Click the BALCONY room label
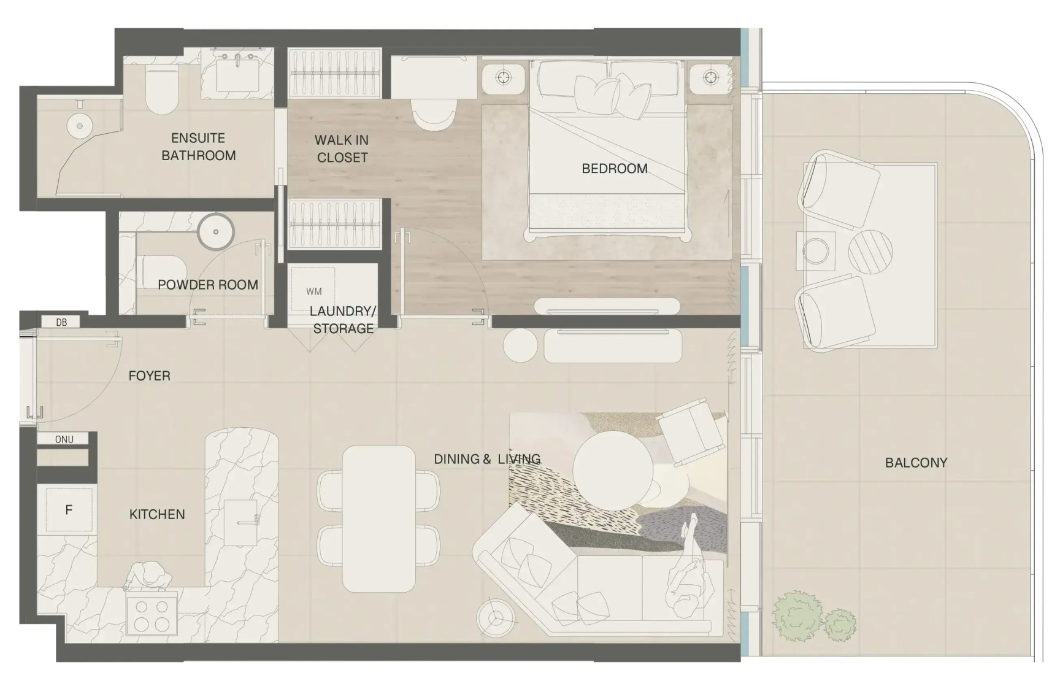pyautogui.click(x=916, y=463)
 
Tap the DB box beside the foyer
pyautogui.click(x=61, y=322)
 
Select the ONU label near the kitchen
pyautogui.click(x=64, y=439)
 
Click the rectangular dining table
pyautogui.click(x=379, y=519)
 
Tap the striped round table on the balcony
pyautogui.click(x=870, y=252)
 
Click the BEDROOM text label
pyautogui.click(x=615, y=168)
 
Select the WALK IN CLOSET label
pyautogui.click(x=342, y=148)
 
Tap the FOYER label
pyautogui.click(x=149, y=376)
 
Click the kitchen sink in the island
pyautogui.click(x=240, y=522)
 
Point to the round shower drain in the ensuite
pyautogui.click(x=79, y=127)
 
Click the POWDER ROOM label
pyautogui.click(x=208, y=285)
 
